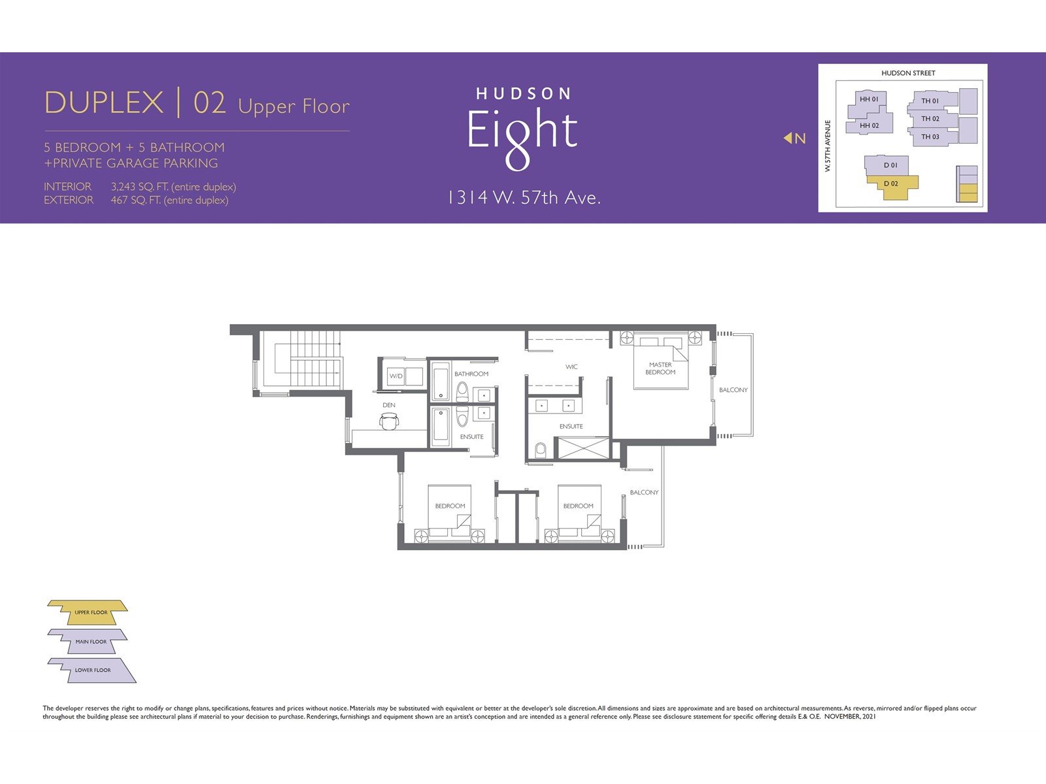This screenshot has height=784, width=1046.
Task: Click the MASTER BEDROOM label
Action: click(660, 368)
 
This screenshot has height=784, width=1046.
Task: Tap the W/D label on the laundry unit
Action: click(396, 376)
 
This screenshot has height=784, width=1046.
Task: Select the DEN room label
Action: click(389, 405)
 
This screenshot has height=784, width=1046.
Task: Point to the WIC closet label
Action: click(571, 367)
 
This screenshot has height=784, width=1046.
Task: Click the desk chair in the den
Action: click(390, 421)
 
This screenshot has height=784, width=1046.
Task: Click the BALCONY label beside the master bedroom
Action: click(734, 390)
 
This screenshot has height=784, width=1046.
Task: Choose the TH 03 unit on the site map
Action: click(932, 137)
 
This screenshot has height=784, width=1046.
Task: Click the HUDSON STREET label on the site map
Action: click(908, 73)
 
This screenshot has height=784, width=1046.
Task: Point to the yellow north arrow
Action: click(787, 138)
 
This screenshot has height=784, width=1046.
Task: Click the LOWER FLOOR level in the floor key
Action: click(93, 670)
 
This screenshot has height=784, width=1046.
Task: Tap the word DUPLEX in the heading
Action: click(104, 102)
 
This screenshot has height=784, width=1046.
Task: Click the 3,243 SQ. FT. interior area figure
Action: click(140, 187)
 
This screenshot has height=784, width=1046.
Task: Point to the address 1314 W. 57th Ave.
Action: click(524, 197)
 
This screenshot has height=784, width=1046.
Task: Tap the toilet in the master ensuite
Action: click(541, 450)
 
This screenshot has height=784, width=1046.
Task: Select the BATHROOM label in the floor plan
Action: click(471, 374)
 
